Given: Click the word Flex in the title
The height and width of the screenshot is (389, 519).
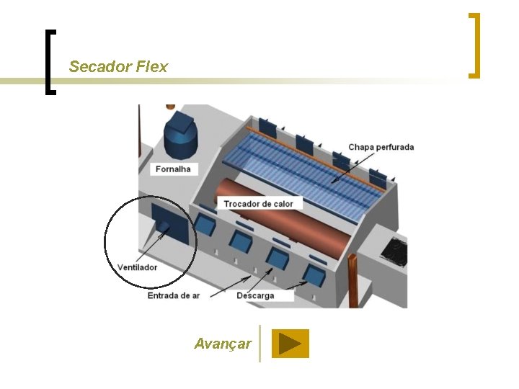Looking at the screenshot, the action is tap(151, 67).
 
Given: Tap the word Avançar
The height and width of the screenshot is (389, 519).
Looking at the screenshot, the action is tap(223, 344).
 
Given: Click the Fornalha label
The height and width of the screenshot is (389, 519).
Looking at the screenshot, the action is tap(172, 169).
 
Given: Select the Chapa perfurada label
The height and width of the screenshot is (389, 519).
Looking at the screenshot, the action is tap(381, 147).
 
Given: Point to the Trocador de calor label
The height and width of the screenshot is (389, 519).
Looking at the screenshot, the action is tap(258, 204).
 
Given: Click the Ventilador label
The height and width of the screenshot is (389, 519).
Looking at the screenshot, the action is tap(138, 267).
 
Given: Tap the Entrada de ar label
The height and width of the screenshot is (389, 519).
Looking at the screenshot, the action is tap(174, 295).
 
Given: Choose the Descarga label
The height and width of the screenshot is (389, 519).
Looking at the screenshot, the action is tap(255, 295).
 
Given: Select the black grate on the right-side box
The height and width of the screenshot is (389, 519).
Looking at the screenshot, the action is tap(394, 251).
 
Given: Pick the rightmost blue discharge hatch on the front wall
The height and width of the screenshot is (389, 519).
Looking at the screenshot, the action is tap(314, 274).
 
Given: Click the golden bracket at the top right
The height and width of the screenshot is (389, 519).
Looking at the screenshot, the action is tap(474, 45).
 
